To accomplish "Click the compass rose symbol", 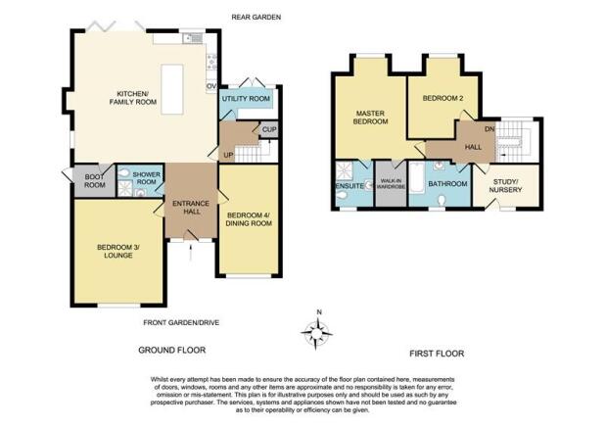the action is (x=316, y=331).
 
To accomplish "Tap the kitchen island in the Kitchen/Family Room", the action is (x=172, y=89).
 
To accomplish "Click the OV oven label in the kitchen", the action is (x=211, y=86).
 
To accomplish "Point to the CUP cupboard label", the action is (x=269, y=129).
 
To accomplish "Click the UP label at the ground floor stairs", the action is (x=228, y=155).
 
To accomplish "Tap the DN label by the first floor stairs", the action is (x=489, y=129).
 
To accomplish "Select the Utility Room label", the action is (x=246, y=99).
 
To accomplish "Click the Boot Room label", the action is (x=95, y=181).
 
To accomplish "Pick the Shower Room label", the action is (x=146, y=178).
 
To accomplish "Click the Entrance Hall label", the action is (x=191, y=208).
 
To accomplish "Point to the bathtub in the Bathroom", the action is (x=417, y=177).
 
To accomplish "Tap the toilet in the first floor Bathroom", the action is (x=442, y=201).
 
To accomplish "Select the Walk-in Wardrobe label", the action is (x=391, y=184).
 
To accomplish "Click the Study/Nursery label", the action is (x=505, y=186).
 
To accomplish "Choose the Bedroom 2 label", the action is (x=442, y=98).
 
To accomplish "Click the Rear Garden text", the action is (x=256, y=17).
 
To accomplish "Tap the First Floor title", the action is (x=437, y=354).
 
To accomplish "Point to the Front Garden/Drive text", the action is (x=181, y=322).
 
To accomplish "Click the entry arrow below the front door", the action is (x=190, y=254).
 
